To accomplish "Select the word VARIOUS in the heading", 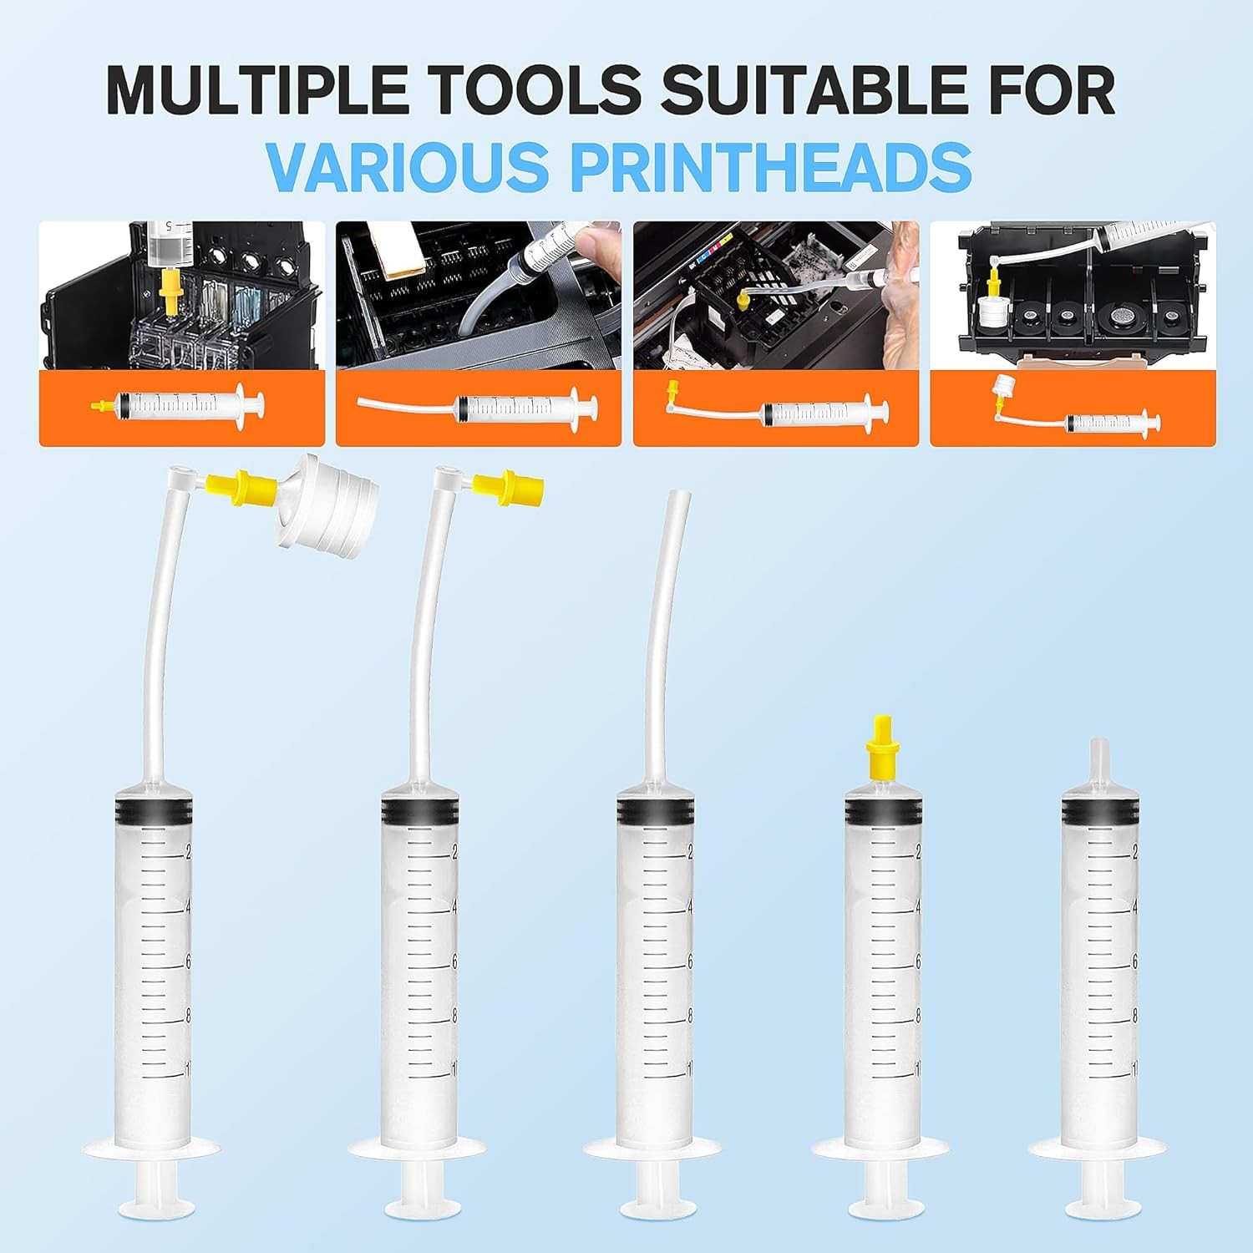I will pos(408,166).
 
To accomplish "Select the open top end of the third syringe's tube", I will pos(676,500).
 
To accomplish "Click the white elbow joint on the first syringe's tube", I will pos(180,479).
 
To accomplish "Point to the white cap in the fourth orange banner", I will pos(1001,386).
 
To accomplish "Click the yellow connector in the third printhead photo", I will pos(743,302).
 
